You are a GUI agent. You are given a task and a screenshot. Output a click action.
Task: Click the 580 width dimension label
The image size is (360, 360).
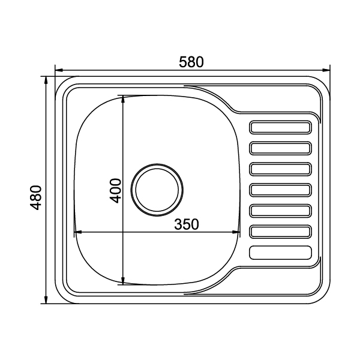pos(191,62)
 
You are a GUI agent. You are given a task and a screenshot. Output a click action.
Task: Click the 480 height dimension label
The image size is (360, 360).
pos(36,197)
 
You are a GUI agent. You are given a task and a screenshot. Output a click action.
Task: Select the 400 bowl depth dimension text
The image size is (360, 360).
pos(115,191)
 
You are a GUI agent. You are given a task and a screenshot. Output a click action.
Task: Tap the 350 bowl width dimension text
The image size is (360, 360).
pos(187,224)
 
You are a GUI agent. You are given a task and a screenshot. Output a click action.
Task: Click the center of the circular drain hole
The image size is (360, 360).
pos(157,190)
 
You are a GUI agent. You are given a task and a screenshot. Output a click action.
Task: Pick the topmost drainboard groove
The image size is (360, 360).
pos(280,127)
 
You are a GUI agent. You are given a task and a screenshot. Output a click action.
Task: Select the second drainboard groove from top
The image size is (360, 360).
pos(280,148)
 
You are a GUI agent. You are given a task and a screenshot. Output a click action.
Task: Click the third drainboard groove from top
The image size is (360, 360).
pos(280,169)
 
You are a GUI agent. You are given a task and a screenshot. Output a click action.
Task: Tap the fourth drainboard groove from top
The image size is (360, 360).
pos(280,190)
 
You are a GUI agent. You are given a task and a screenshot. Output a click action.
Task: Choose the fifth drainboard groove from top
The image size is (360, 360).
pos(280,211)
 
